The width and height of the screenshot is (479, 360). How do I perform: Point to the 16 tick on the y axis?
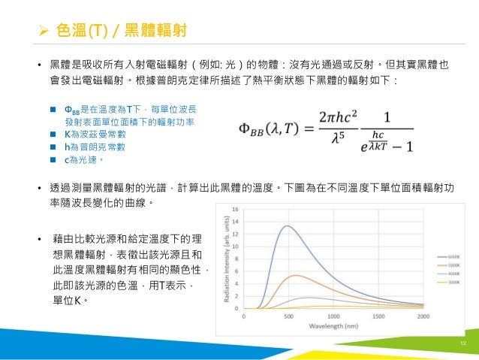(237, 209)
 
